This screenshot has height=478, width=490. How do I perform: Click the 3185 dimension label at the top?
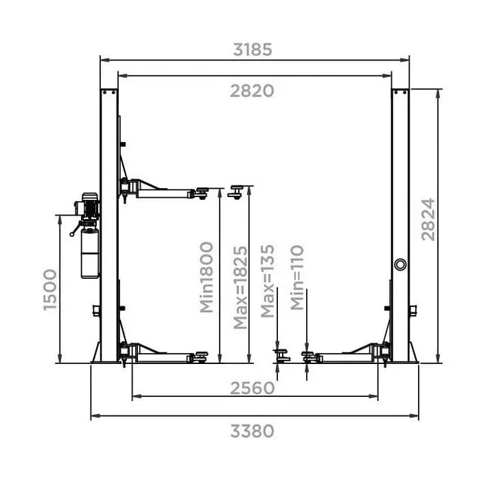click(253, 49)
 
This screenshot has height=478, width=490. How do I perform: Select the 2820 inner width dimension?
click(252, 91)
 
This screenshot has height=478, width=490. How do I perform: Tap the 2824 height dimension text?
click(428, 220)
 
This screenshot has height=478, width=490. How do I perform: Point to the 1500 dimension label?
click(50, 290)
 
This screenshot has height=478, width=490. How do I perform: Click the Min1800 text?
click(207, 277)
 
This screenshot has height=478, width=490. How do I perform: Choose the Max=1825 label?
click(240, 288)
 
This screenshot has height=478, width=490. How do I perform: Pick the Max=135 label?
click(268, 281)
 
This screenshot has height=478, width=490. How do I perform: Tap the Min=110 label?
click(297, 277)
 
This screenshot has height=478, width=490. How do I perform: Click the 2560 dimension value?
click(252, 388)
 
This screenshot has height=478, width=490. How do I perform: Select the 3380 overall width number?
click(252, 431)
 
